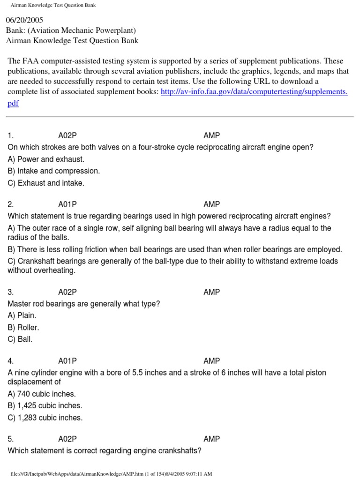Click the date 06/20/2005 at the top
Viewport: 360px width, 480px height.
coord(24,21)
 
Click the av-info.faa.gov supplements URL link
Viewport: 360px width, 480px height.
coord(254,92)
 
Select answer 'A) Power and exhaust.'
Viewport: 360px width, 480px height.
coord(46,159)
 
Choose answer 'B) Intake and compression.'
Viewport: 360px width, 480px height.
coord(54,171)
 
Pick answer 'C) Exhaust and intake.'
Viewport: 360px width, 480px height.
coord(46,183)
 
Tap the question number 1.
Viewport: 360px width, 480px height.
coord(11,135)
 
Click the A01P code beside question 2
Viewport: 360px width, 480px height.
coord(67,204)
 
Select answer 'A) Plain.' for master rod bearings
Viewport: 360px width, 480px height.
coord(22,315)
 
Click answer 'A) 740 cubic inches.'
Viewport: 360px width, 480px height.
coord(42,394)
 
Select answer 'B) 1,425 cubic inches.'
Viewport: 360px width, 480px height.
coord(45,405)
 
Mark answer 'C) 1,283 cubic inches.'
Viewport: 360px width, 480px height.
coord(45,418)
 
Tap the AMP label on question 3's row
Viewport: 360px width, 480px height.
coord(212,292)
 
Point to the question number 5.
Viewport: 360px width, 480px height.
coord(11,439)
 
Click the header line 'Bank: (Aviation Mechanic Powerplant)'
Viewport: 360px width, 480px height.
coord(71,30)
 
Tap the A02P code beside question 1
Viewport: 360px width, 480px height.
coord(67,135)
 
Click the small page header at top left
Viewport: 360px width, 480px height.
coord(53,5)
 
